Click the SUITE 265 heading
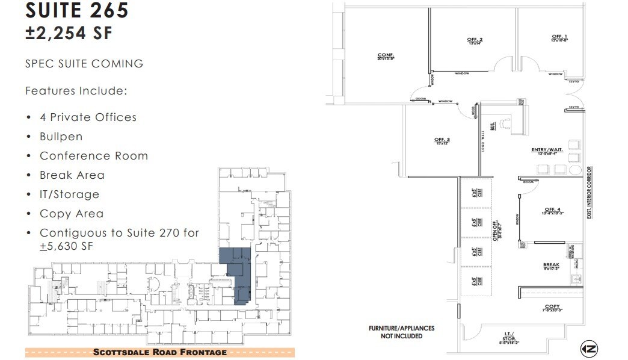[77, 10]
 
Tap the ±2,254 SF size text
[69, 33]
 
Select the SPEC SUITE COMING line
[84, 63]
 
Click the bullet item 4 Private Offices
[88, 117]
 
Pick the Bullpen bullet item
[61, 136]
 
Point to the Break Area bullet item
[72, 175]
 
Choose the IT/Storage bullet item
[69, 194]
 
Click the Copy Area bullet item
[71, 213]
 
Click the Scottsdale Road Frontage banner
[160, 352]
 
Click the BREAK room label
[551, 265]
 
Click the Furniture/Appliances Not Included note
[401, 332]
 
